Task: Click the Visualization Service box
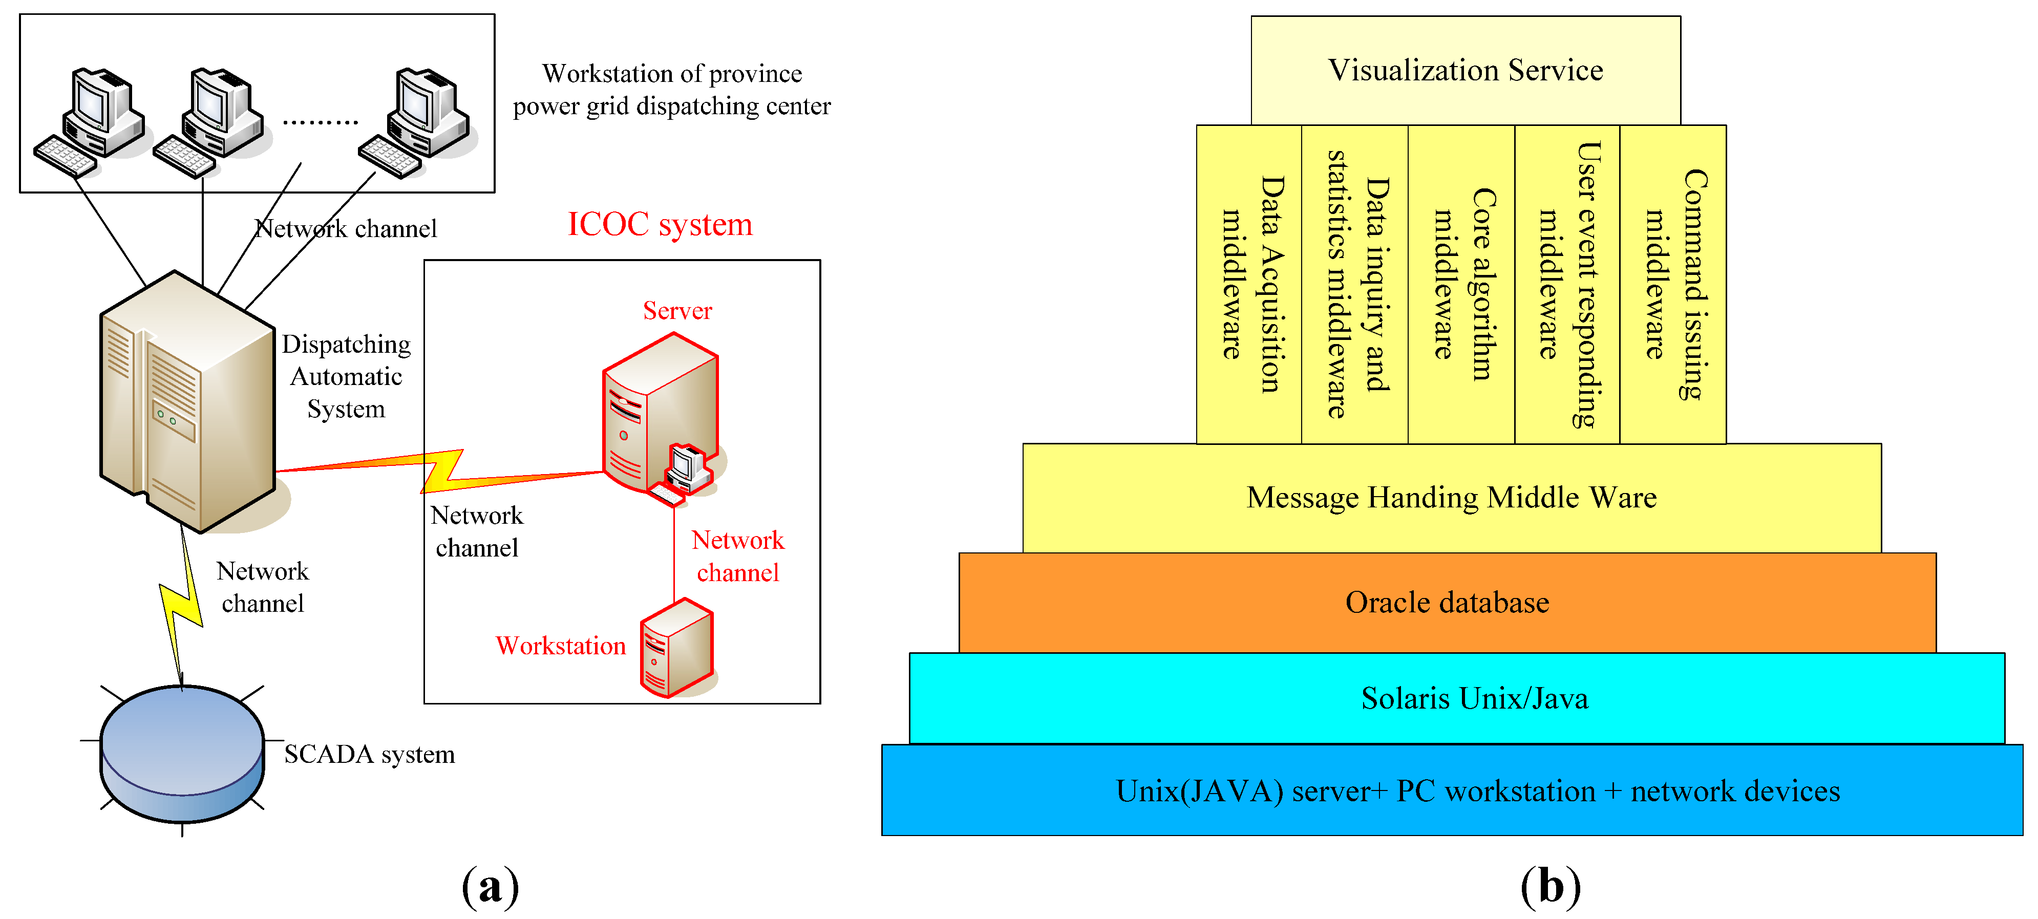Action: [x=1465, y=70]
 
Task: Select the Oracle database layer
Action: [x=1447, y=603]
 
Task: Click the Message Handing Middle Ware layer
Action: [x=1451, y=498]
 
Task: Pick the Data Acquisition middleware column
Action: [x=1249, y=284]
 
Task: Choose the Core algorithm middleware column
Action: [x=1461, y=284]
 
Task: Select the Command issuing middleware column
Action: [x=1672, y=284]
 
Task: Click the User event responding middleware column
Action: [x=1567, y=284]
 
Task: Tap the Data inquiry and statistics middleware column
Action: [x=1355, y=284]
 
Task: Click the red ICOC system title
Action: [x=660, y=225]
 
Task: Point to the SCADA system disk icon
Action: [x=182, y=752]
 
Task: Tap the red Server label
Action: [x=677, y=311]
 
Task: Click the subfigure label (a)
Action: [x=491, y=886]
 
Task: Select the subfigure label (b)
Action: [x=1550, y=886]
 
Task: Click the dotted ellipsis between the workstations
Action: [x=321, y=122]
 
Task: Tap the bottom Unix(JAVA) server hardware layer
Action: [x=1452, y=790]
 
